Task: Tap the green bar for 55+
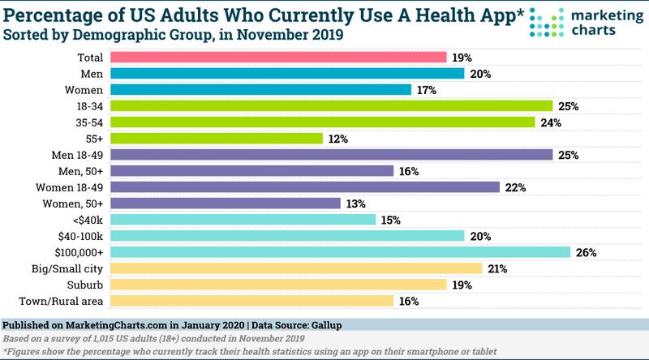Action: pos(216,139)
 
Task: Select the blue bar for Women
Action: pos(260,90)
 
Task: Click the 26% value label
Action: pos(587,253)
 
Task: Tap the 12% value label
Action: pos(338,139)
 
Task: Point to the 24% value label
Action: pos(552,123)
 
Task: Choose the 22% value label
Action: pos(516,188)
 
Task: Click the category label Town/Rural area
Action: pos(69,301)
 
